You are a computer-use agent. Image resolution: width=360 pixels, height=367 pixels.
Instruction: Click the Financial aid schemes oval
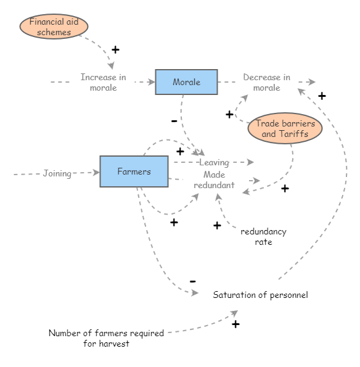54,27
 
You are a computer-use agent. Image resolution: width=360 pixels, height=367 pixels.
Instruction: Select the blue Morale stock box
186,82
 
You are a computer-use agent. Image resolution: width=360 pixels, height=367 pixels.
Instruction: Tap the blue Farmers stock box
134,171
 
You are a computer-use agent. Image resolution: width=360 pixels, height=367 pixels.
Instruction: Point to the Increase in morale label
103,82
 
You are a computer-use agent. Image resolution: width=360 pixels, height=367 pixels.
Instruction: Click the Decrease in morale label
266,82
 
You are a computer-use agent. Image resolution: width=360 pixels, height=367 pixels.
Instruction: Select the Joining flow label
57,173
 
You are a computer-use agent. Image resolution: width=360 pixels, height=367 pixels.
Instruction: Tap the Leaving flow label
213,163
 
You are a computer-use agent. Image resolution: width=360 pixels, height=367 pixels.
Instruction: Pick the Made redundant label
214,179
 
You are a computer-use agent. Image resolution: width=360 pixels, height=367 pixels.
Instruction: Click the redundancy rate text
263,237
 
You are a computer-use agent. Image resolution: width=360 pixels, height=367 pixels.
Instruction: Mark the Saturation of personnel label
260,295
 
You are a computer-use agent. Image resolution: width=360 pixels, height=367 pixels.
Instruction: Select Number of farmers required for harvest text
106,338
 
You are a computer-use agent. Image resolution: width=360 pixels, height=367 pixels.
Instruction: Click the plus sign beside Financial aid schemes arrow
115,50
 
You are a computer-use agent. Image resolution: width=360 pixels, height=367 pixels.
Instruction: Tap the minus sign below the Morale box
174,121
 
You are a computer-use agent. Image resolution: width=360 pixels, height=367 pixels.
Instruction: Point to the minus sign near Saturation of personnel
192,281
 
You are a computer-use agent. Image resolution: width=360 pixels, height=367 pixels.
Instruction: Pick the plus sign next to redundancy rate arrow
217,226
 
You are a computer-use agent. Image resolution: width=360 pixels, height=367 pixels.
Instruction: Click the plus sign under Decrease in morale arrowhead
322,96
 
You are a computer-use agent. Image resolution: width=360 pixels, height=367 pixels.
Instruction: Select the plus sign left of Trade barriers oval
229,114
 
